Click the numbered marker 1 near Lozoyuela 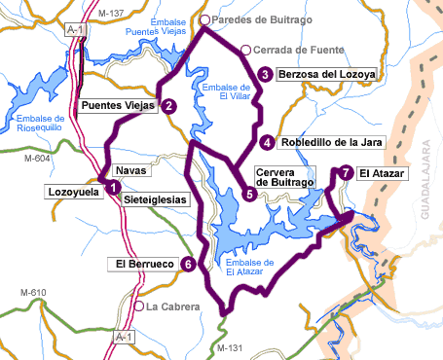tap(114, 188)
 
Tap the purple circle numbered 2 tap(169, 106)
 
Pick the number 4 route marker tap(267, 143)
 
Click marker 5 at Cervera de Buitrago tap(250, 194)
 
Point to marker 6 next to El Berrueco tap(188, 263)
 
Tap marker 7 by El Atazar tap(346, 173)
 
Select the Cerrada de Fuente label tap(292, 51)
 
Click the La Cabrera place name tap(172, 306)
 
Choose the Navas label tap(130, 169)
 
